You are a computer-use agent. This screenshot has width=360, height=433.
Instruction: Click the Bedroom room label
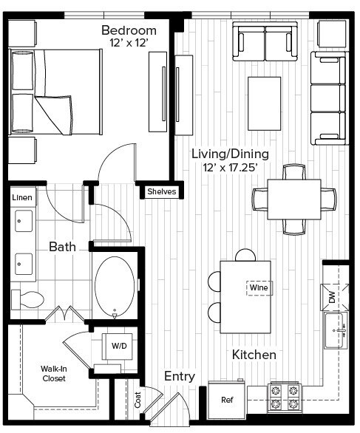pyautogui.click(x=129, y=30)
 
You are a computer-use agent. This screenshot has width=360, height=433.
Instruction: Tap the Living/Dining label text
pyautogui.click(x=229, y=154)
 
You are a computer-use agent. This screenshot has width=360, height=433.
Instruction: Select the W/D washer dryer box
pyautogui.click(x=118, y=345)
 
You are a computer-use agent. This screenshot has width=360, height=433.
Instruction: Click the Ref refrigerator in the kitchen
pyautogui.click(x=227, y=400)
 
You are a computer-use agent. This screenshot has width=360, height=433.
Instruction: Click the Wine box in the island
pyautogui.click(x=258, y=287)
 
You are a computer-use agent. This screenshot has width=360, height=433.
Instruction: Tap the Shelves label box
pyautogui.click(x=162, y=191)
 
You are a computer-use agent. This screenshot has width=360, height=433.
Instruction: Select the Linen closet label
pyautogui.click(x=22, y=198)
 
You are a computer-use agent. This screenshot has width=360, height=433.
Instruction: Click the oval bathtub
pyautogui.click(x=115, y=287)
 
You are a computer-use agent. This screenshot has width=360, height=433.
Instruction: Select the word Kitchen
pyautogui.click(x=254, y=355)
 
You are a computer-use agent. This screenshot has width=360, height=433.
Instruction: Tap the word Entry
pyautogui.click(x=180, y=376)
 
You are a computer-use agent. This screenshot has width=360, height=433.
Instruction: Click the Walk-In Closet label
pyautogui.click(x=53, y=373)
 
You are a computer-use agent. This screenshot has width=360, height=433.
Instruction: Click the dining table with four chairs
pyautogui.click(x=294, y=199)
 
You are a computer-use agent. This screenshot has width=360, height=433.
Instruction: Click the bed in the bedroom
pyautogui.click(x=55, y=90)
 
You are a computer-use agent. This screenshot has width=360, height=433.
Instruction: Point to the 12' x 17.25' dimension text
pyautogui.click(x=230, y=168)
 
